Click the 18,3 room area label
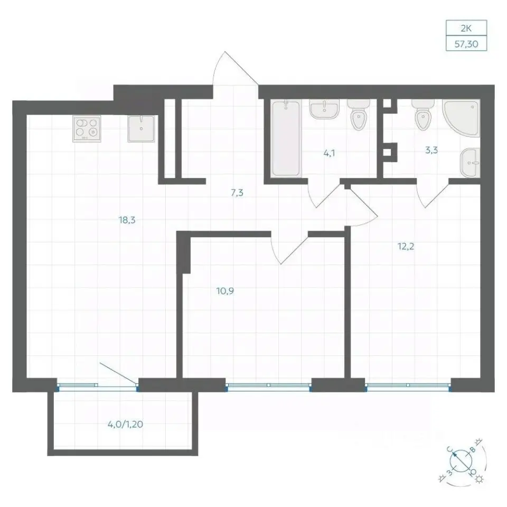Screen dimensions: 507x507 (x=127, y=220)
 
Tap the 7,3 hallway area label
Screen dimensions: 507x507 (x=237, y=193)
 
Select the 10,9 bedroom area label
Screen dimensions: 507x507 (x=225, y=291)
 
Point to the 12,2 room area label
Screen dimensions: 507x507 (x=406, y=247)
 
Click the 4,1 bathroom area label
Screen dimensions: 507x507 (x=329, y=153)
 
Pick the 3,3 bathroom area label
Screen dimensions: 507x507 (x=431, y=150)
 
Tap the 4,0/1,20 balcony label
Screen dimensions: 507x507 (x=126, y=424)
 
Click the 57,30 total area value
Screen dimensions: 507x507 (x=466, y=44)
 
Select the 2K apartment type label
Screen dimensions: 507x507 (x=466, y=29)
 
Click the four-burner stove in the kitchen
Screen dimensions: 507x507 (x=87, y=129)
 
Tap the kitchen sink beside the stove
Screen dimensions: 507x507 (x=142, y=129)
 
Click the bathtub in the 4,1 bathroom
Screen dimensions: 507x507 (x=286, y=139)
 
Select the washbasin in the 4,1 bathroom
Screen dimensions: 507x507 (x=324, y=109)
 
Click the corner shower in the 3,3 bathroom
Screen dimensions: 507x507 (x=461, y=118)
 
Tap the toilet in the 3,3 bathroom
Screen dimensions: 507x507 (x=423, y=115)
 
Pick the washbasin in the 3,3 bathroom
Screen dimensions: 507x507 (x=471, y=163)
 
